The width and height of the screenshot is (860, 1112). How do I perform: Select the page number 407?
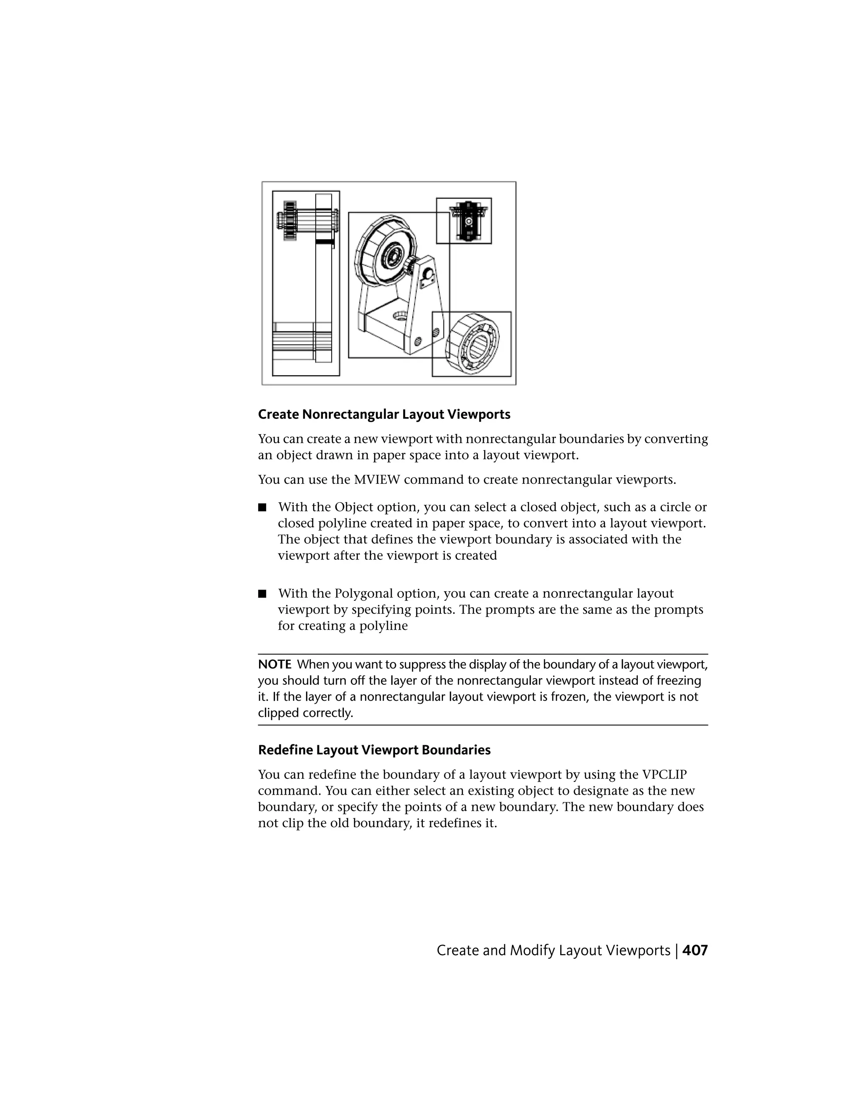(695, 950)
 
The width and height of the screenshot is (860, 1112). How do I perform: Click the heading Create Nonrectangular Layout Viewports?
(384, 415)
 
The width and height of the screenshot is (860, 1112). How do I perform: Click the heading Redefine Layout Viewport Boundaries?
(374, 750)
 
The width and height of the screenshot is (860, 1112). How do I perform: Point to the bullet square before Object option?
(262, 507)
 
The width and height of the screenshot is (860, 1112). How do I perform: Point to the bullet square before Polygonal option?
(262, 593)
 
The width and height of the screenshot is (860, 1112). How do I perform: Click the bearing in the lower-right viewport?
(473, 344)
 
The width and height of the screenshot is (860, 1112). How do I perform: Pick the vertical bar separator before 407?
(676, 950)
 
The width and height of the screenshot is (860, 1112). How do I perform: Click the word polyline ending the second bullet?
(384, 626)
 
